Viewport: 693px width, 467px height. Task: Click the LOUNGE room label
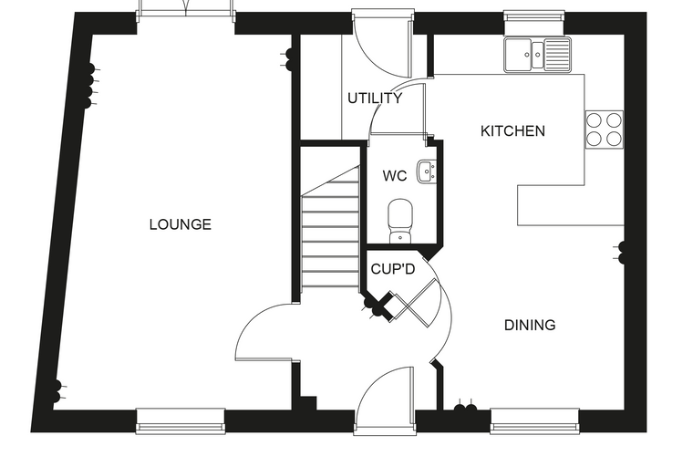click(x=181, y=224)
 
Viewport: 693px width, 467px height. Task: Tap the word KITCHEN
click(x=512, y=131)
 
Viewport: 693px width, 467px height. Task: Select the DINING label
click(x=530, y=325)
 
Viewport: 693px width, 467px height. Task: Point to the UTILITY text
click(x=375, y=98)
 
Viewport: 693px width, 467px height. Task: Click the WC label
click(x=395, y=175)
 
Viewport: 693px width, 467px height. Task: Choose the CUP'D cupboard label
click(x=393, y=268)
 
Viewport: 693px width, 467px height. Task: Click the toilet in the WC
click(x=400, y=221)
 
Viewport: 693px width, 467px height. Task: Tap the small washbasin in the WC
click(x=428, y=171)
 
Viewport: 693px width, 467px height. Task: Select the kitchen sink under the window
click(x=538, y=55)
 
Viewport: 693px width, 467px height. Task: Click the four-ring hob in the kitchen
click(x=605, y=130)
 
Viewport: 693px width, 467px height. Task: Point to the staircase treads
click(x=330, y=229)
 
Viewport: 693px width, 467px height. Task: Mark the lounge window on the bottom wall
click(x=181, y=420)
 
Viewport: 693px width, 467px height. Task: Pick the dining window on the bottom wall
click(x=534, y=420)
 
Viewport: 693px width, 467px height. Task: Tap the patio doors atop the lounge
click(x=186, y=10)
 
